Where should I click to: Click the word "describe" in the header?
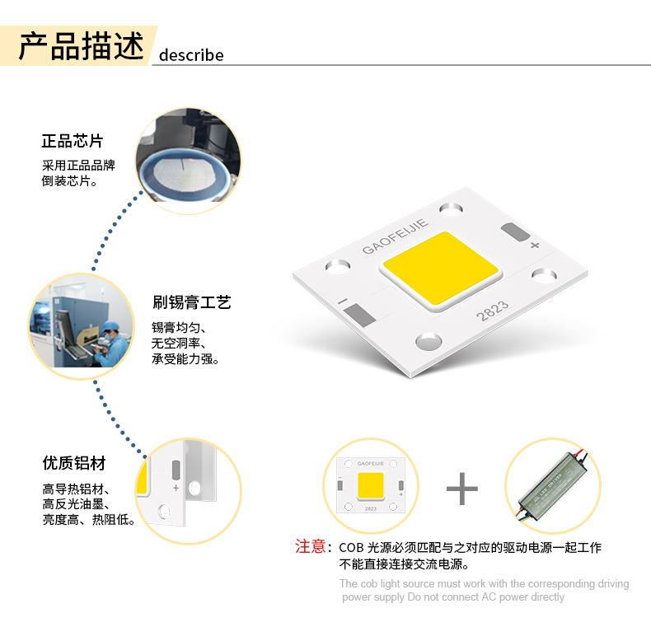[191, 55]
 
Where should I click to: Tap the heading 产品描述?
[82, 45]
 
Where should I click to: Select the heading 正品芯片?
[73, 141]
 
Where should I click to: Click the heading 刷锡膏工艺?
[191, 302]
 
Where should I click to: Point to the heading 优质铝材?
[74, 463]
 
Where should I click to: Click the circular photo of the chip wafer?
[189, 161]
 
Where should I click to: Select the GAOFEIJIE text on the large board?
[395, 236]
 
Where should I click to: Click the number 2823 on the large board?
[493, 311]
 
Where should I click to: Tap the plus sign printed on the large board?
[535, 245]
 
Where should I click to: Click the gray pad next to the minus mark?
[359, 314]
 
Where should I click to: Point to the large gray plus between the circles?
[462, 489]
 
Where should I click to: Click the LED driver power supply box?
[553, 485]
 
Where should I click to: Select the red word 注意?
[310, 546]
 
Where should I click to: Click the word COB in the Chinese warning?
[351, 548]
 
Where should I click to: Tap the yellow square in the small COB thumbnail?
[370, 485]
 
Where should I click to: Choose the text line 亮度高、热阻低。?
[88, 519]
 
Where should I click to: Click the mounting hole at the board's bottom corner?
[429, 342]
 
